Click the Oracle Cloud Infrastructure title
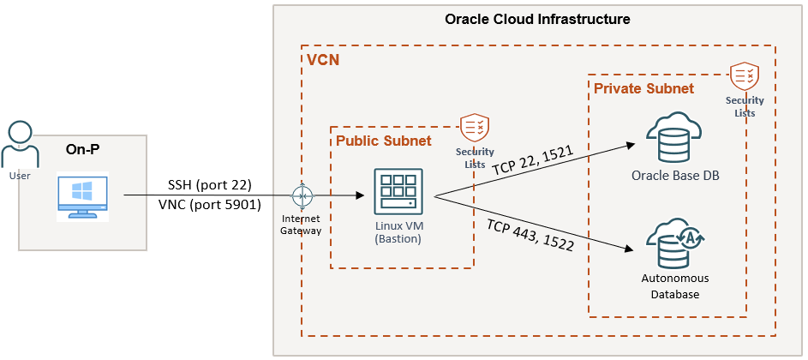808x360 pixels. (x=537, y=19)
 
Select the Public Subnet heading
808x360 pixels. (x=383, y=141)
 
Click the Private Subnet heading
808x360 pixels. (x=643, y=88)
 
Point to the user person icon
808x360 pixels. (x=20, y=147)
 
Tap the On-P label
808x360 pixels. (x=82, y=150)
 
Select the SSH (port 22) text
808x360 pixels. (x=210, y=185)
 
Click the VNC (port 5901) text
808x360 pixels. (x=209, y=205)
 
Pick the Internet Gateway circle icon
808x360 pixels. (x=301, y=196)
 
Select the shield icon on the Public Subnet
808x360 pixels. (x=473, y=128)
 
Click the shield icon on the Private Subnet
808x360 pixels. (x=742, y=77)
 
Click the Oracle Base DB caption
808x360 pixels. (x=674, y=177)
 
